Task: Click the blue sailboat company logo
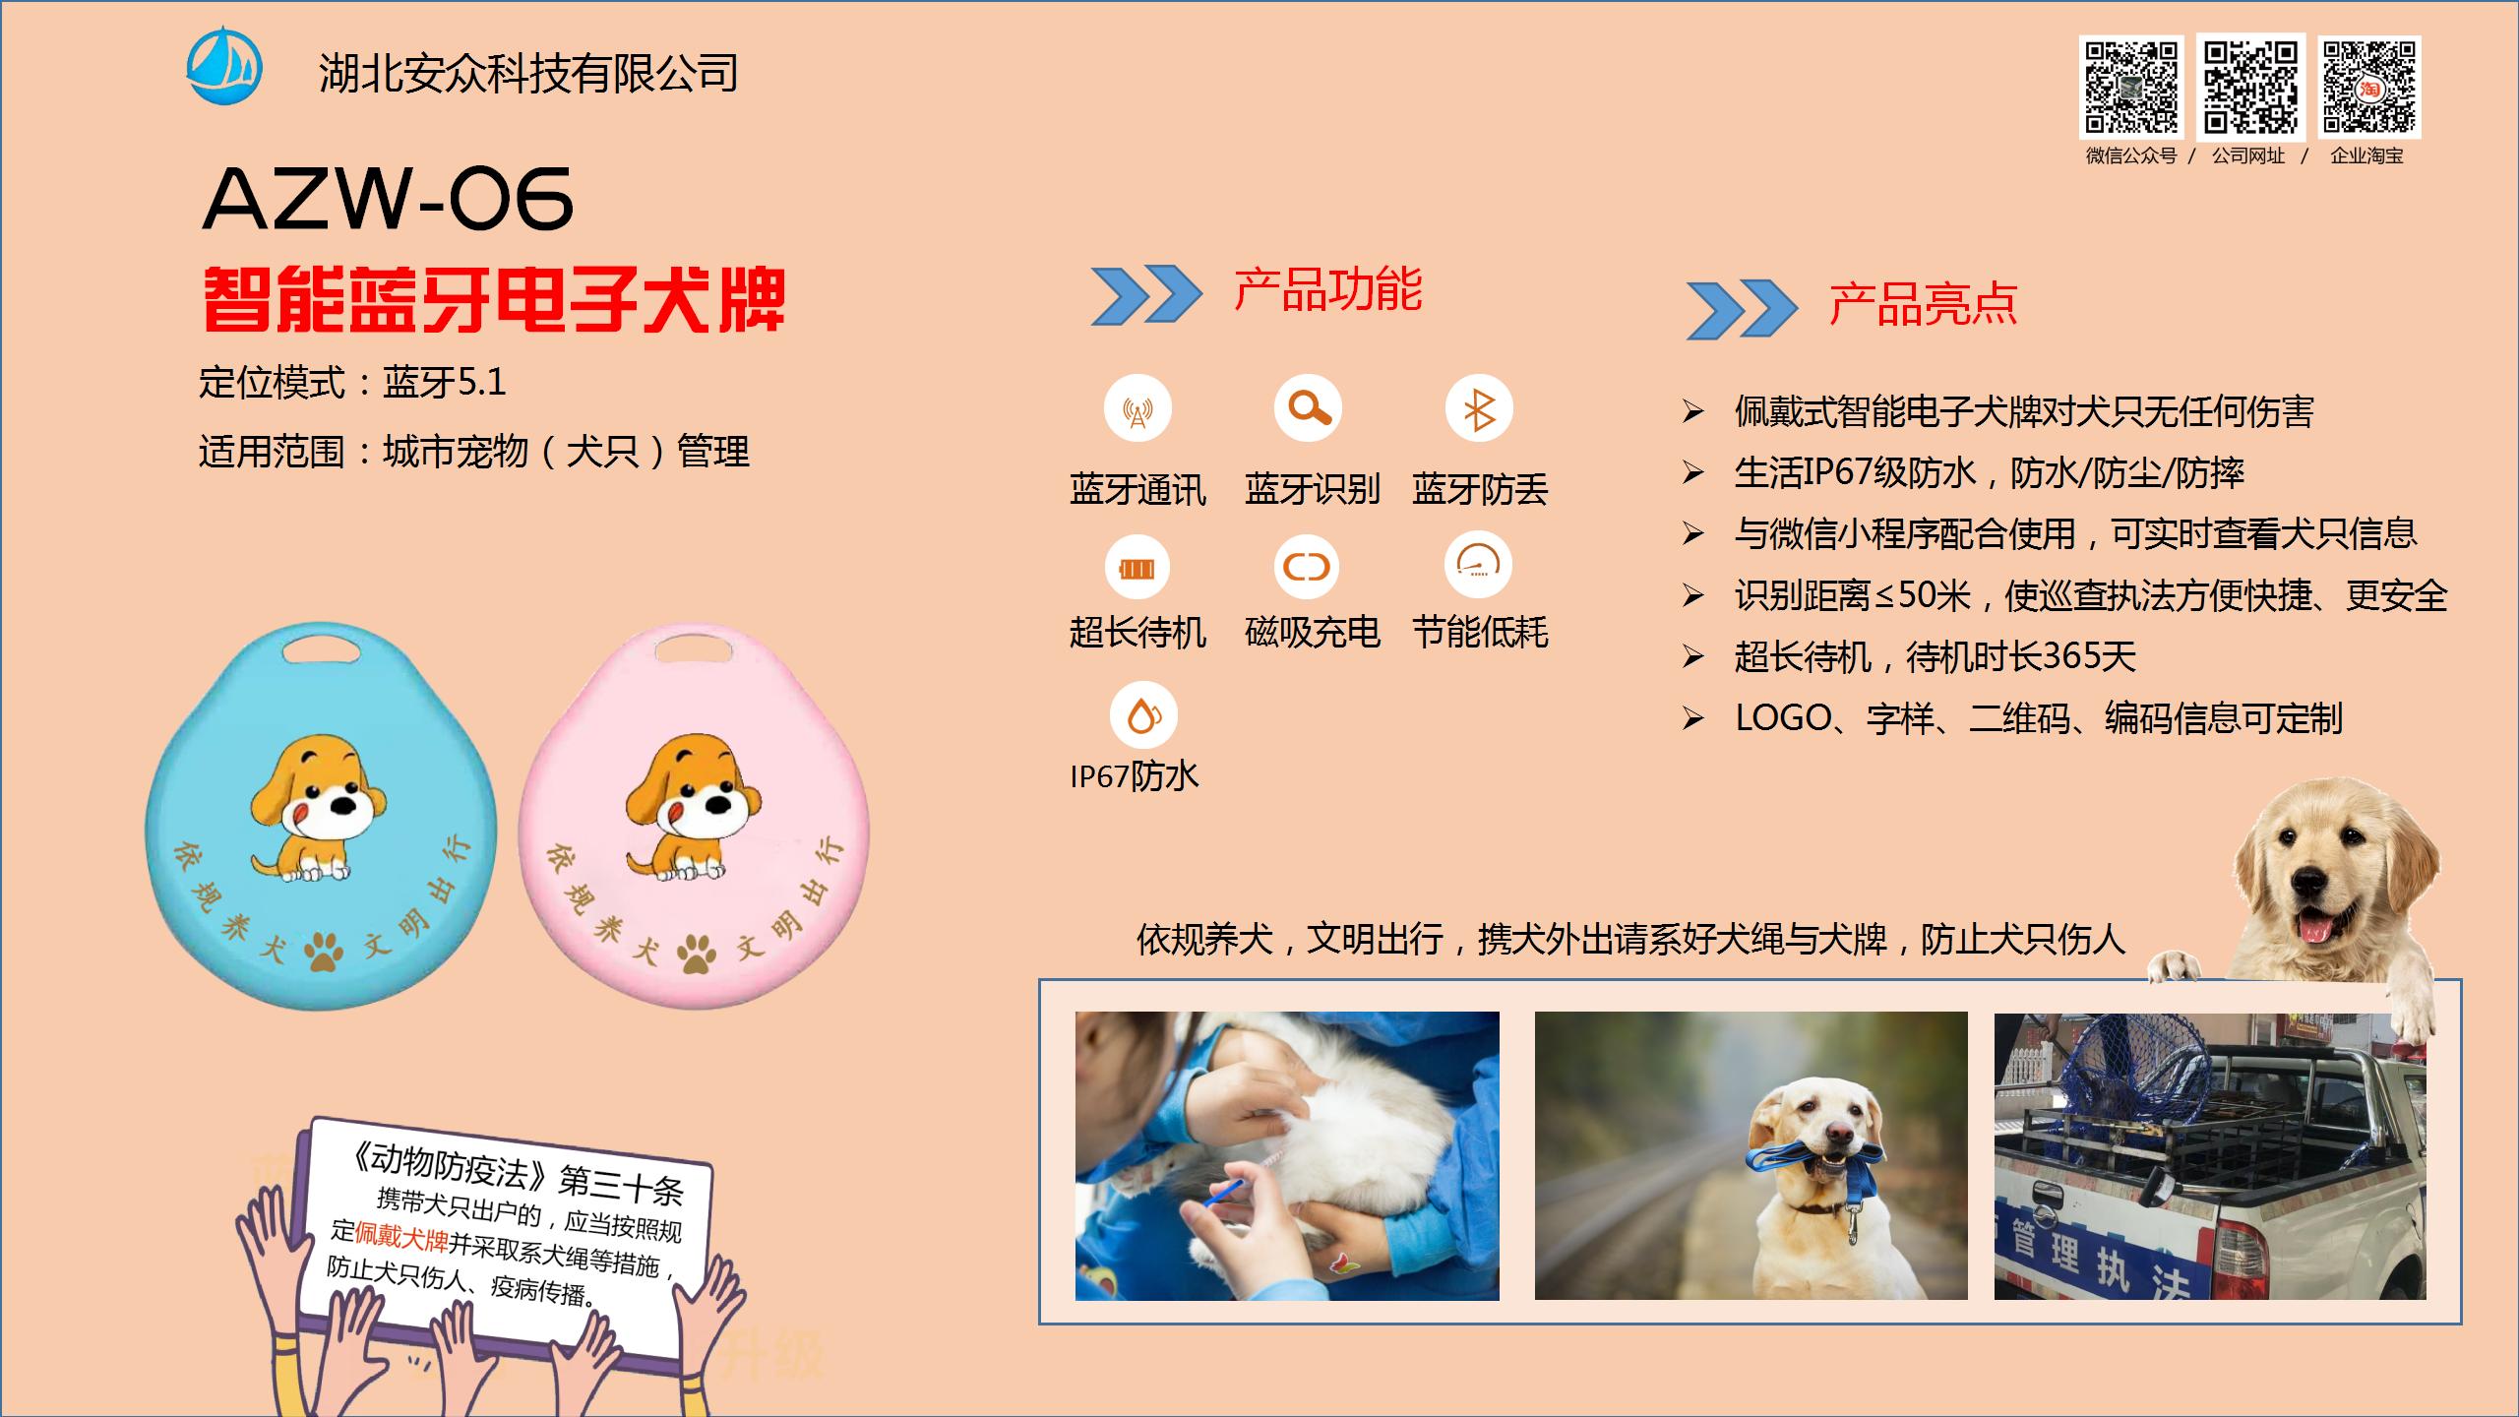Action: click(x=224, y=66)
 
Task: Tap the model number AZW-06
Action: click(x=388, y=199)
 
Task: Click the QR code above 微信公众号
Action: click(x=2131, y=87)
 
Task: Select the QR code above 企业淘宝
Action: click(x=2368, y=87)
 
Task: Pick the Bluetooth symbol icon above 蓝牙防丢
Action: click(x=1478, y=408)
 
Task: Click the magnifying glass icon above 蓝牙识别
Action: click(x=1308, y=407)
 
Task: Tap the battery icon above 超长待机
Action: click(x=1137, y=568)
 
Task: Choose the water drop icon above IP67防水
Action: click(x=1142, y=715)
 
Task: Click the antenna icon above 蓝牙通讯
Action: click(x=1137, y=408)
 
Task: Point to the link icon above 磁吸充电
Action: click(x=1307, y=567)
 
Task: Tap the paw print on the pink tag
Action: click(x=696, y=952)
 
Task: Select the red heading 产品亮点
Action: click(x=1923, y=304)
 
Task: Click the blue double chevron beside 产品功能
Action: click(x=1146, y=294)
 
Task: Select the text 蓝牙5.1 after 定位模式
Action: click(x=445, y=382)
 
